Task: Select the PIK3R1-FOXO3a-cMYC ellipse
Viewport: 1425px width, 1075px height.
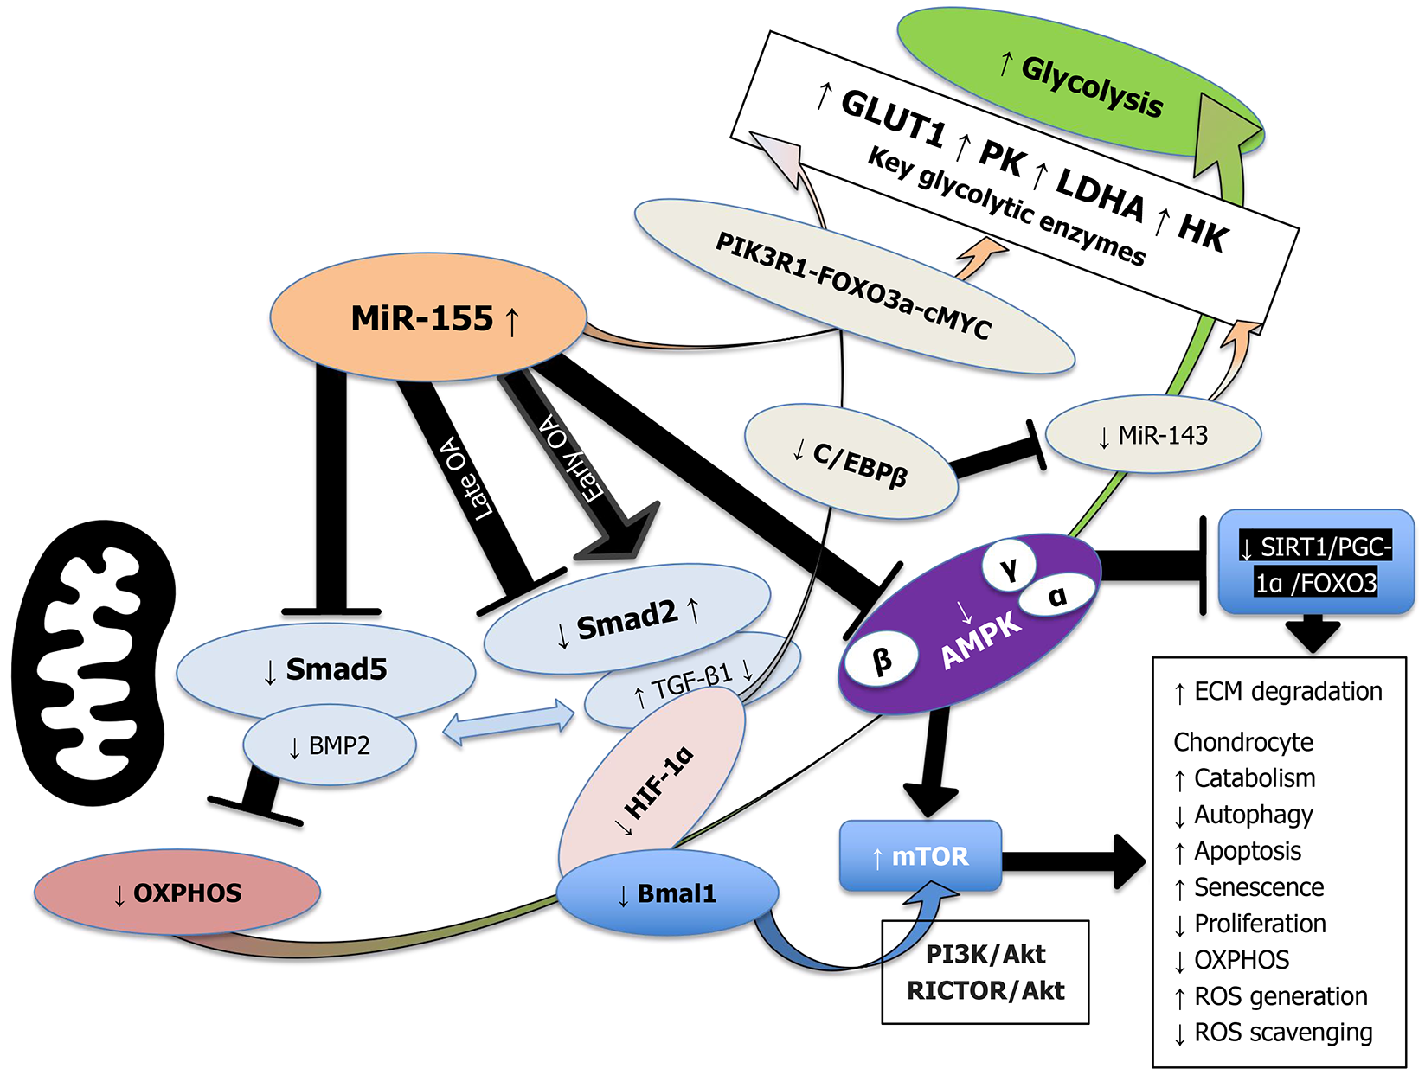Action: coord(852,285)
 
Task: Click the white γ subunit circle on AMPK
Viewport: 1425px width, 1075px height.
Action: coord(1009,566)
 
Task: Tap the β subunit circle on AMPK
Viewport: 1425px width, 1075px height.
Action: coord(882,659)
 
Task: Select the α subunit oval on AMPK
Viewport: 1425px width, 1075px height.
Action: coord(1056,596)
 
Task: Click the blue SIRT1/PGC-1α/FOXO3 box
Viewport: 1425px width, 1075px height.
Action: coord(1315,563)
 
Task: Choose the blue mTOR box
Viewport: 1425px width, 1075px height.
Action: coord(920,856)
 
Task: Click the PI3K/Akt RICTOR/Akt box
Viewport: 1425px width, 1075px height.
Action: coord(985,972)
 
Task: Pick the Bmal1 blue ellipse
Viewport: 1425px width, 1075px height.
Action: coord(667,893)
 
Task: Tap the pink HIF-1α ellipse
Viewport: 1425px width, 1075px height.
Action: coord(653,783)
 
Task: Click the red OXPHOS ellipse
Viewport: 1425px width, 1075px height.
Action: coord(177,893)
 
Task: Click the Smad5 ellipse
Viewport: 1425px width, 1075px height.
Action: coord(324,669)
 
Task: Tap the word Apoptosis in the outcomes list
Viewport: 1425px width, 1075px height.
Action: coord(1247,851)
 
